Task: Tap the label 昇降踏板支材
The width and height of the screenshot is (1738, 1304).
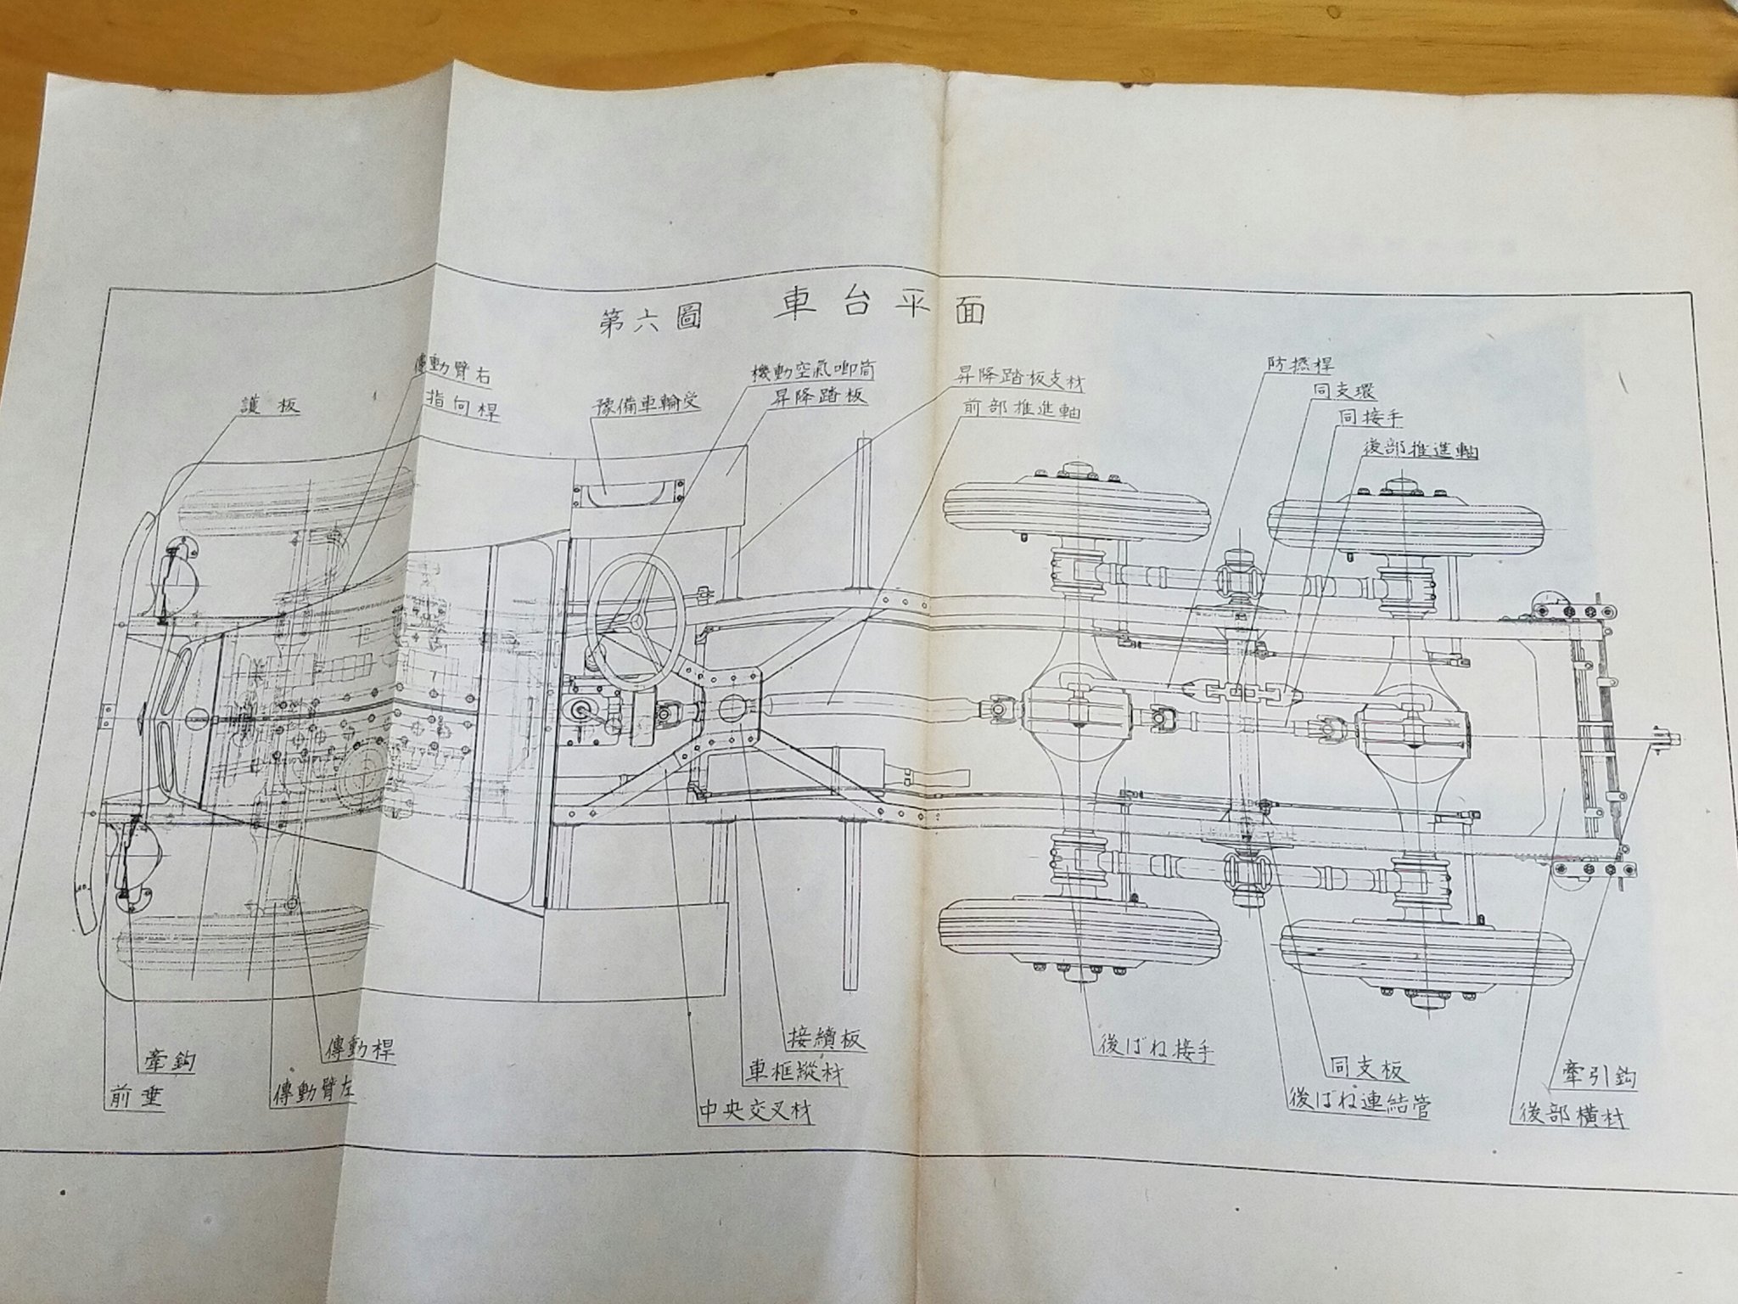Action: pyautogui.click(x=1018, y=382)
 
